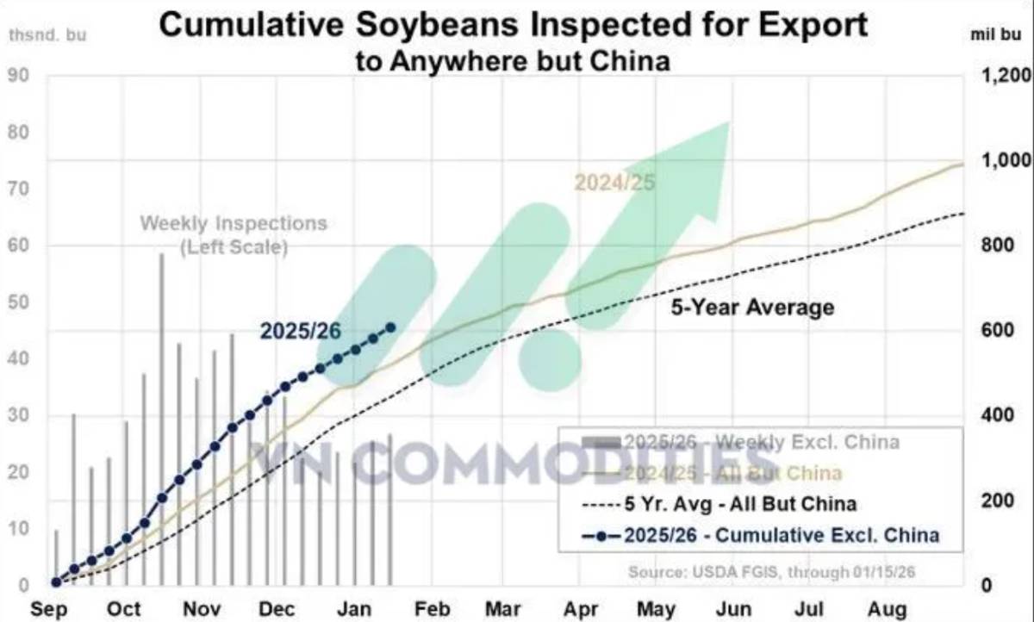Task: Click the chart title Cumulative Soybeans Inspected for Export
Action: tap(514, 25)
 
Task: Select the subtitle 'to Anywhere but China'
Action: tap(513, 61)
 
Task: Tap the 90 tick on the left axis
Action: tap(20, 76)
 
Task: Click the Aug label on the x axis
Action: tap(888, 609)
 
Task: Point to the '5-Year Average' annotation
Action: tap(752, 307)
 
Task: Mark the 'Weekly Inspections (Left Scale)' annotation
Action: tap(234, 234)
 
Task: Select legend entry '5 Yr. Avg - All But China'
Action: tap(739, 503)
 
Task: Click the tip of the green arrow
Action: tap(728, 123)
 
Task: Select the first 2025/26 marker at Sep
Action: tap(56, 582)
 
